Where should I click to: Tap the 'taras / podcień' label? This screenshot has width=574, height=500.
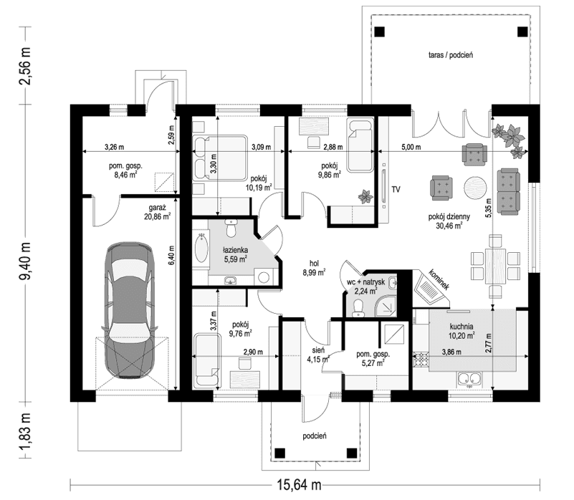pos(450,54)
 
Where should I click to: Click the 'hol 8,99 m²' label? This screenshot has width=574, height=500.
pos(315,267)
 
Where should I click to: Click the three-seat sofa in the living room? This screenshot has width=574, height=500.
pos(508,191)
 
